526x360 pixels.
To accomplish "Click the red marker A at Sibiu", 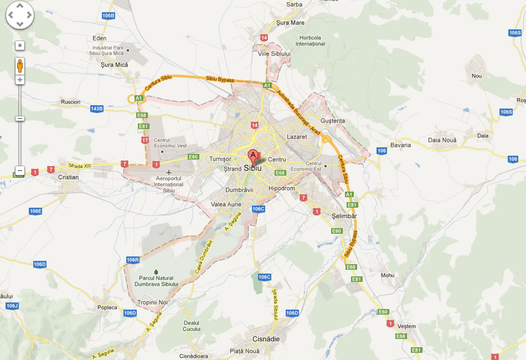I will pos(253,156).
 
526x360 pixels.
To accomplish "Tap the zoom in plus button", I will pos(20,80).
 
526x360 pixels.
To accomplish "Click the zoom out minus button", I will pos(20,171).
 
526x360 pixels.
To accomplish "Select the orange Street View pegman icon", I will pos(20,65).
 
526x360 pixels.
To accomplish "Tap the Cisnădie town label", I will pos(262,339).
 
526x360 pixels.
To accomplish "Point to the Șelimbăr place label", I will pos(344,215).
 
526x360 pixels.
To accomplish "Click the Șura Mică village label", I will pos(115,65).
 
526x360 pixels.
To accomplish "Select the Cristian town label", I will pos(68,177).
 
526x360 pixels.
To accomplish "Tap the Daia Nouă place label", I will pos(442,140).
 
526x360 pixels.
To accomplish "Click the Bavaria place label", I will pos(400,145).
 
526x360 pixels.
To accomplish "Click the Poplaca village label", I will pos(107,307).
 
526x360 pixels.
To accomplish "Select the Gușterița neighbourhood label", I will pos(332,121).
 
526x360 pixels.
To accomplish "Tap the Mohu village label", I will pos(388,275).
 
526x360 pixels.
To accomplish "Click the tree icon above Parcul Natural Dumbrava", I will pos(156,272).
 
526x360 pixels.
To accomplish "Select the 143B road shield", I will pos(97,109).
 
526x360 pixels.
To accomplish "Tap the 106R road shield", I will pos(133,260).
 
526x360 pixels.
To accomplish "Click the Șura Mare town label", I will pos(291,23).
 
